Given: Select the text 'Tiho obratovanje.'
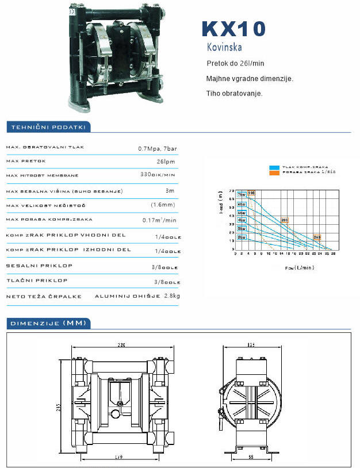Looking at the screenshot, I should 234,93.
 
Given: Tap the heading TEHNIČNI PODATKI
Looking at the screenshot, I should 45,127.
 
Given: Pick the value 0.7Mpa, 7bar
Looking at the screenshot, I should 158,148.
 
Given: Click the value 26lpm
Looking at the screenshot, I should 166,162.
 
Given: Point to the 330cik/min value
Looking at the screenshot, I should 158,174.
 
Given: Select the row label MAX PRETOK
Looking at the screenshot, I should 25,162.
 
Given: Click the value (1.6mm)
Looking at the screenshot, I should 163,205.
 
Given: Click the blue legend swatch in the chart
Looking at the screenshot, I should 274,167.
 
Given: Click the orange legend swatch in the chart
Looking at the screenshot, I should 274,172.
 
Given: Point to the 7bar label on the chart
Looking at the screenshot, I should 242,194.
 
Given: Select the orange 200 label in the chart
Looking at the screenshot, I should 284,220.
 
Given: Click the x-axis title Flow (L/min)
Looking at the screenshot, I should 299,268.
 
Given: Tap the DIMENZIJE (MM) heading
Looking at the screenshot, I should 48,323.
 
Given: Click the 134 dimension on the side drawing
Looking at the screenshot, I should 251,345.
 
